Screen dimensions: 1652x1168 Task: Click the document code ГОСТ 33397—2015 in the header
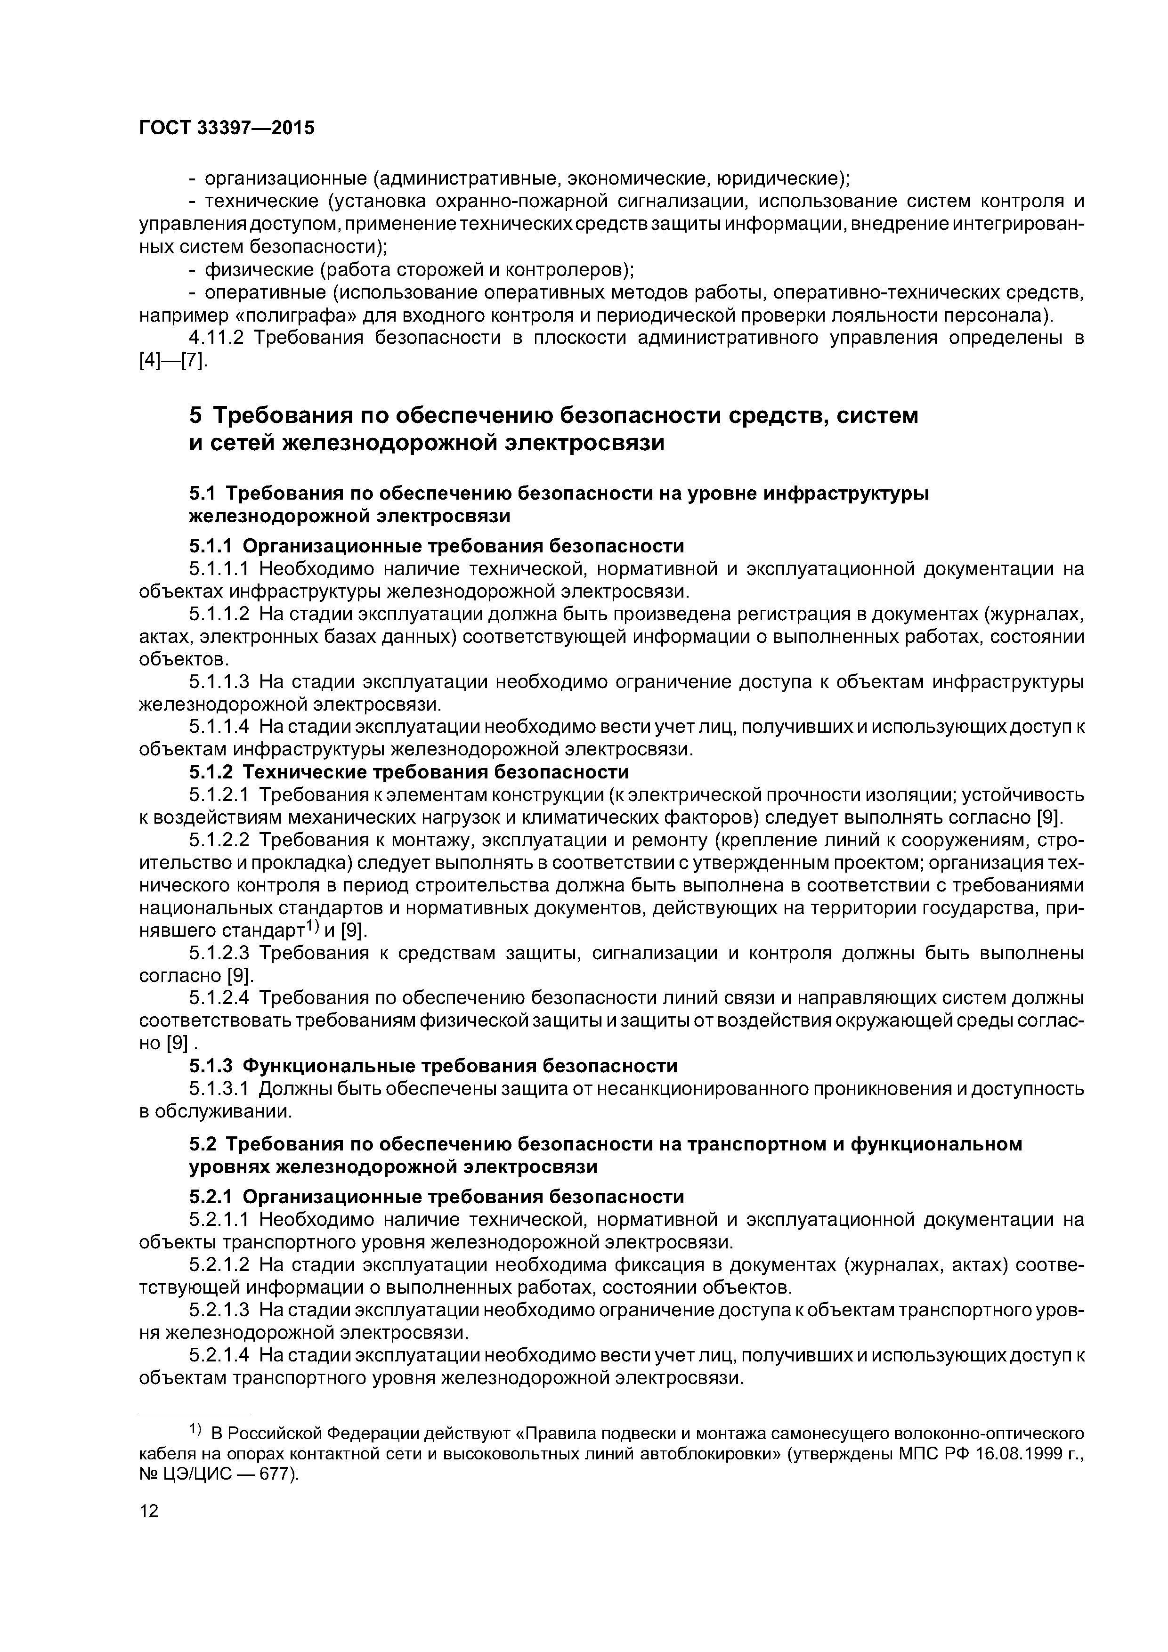click(227, 128)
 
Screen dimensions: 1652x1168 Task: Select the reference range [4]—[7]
click(173, 361)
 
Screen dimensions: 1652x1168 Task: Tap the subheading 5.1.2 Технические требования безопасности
click(409, 772)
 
